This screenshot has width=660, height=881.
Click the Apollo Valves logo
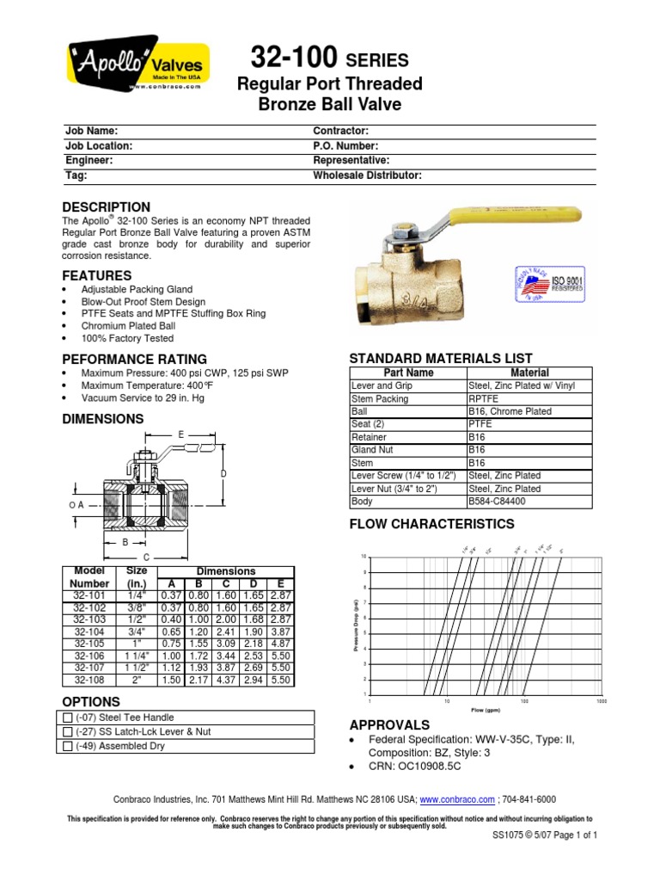click(x=136, y=64)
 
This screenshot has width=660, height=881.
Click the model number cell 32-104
click(x=89, y=631)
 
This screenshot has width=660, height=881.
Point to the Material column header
click(x=529, y=373)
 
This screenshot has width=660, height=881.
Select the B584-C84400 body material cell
click(x=498, y=500)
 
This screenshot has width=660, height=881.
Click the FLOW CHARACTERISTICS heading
click(x=431, y=524)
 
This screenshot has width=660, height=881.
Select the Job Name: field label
click(x=90, y=131)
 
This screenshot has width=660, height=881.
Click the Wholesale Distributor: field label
click(x=367, y=175)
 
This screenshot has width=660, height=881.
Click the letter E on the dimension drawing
click(x=180, y=436)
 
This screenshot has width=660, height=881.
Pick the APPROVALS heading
click(x=389, y=724)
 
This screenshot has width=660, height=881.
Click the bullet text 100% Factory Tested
click(x=127, y=339)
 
